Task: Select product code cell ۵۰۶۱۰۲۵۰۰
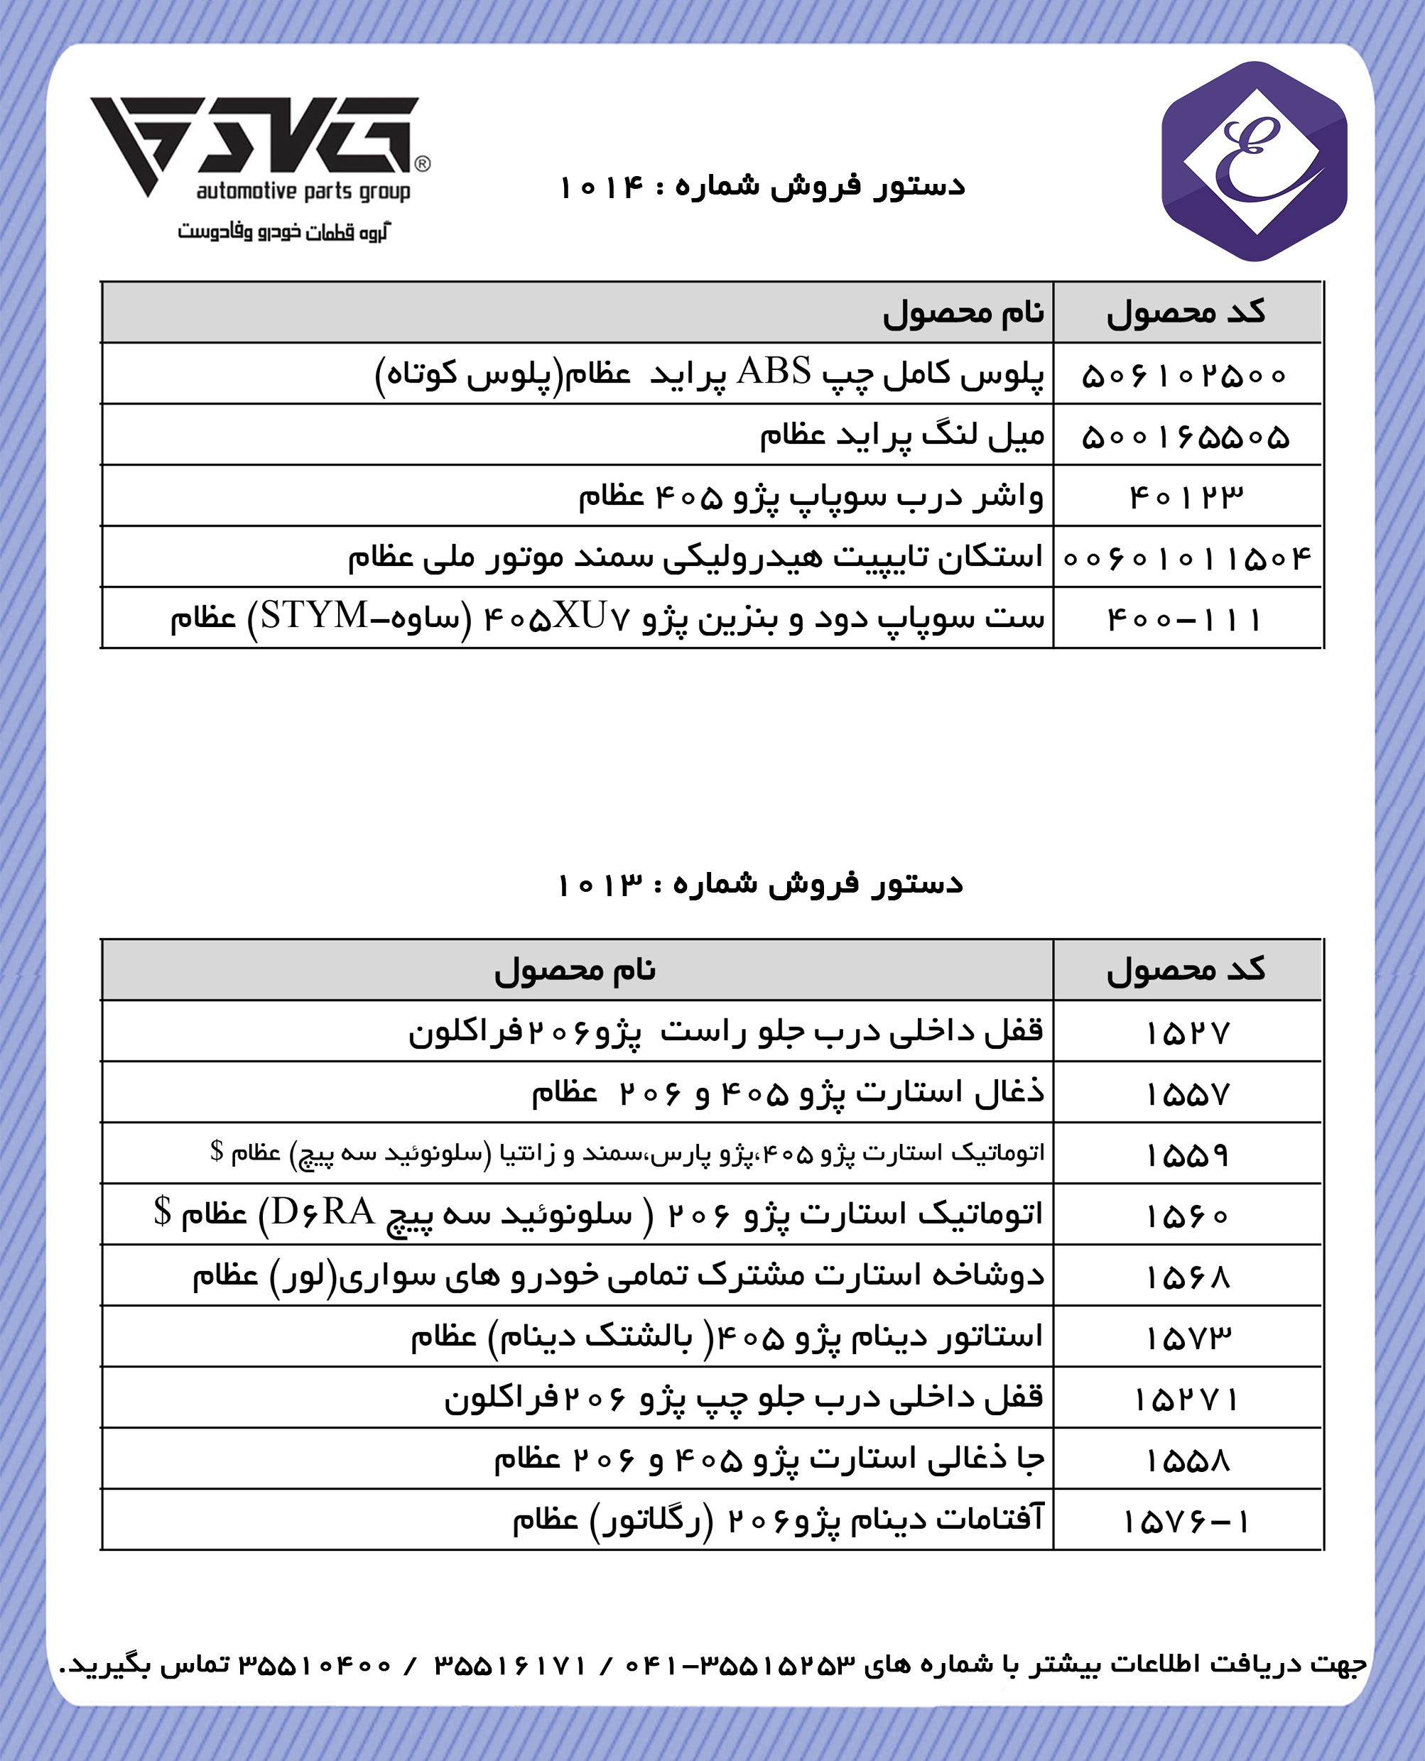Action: (1186, 376)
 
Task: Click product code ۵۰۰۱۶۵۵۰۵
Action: (1186, 437)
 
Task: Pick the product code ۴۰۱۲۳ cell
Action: (1186, 497)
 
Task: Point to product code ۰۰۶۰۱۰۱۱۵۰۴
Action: (1187, 558)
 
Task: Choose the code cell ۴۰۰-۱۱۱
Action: (1186, 618)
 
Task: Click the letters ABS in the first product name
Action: (774, 372)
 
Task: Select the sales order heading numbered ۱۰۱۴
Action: (761, 187)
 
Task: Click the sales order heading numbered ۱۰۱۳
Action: (759, 885)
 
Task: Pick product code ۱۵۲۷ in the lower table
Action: (1187, 1033)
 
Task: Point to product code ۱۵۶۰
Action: (1187, 1216)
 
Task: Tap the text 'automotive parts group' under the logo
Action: (303, 192)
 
